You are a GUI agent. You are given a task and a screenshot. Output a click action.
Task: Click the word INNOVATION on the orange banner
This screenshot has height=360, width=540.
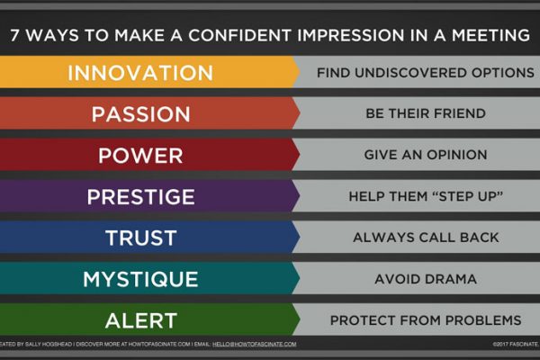(140, 73)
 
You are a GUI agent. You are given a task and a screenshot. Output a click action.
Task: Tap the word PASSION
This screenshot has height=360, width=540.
(141, 114)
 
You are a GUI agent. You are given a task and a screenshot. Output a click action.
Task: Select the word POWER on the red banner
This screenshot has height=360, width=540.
(140, 156)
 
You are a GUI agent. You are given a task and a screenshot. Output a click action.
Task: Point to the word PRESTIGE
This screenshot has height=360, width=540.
(141, 197)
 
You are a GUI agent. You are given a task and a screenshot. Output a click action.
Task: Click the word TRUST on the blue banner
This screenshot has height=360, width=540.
(141, 238)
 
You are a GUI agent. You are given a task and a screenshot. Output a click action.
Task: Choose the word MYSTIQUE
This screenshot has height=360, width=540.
(140, 279)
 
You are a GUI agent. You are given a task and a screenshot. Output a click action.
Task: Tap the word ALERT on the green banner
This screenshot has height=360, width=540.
(141, 320)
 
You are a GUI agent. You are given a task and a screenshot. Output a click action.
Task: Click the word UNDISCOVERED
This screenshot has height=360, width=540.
(411, 73)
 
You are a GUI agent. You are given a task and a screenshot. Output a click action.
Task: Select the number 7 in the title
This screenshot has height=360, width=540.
(14, 35)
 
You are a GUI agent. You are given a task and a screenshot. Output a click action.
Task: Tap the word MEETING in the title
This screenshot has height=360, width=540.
(490, 35)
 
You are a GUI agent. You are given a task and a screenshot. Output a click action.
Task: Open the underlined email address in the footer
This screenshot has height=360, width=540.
(255, 344)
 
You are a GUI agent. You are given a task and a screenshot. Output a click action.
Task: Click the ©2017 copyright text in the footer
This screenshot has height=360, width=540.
(516, 344)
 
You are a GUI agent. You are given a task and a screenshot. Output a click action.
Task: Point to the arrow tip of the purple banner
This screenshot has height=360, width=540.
(300, 196)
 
